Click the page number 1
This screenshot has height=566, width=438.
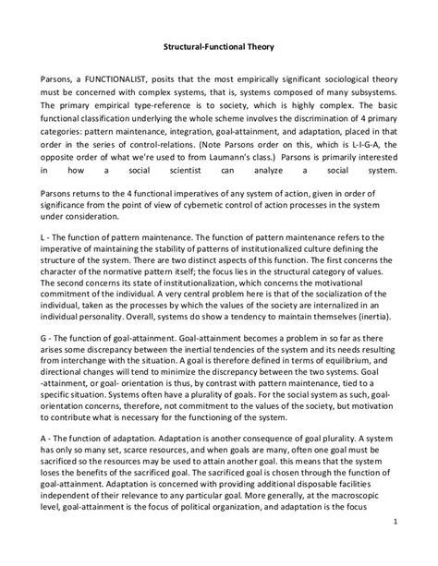[395, 545]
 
